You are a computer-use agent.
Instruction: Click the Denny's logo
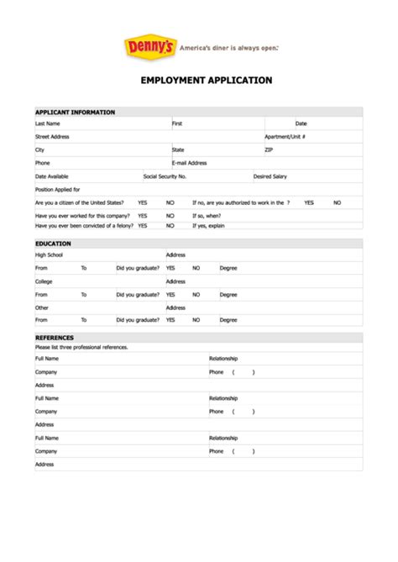(x=149, y=47)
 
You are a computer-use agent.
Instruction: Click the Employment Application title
(x=199, y=81)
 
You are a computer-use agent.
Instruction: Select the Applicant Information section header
(x=75, y=112)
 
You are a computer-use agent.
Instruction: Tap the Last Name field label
(x=47, y=123)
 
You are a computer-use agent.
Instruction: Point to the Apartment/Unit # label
(x=285, y=136)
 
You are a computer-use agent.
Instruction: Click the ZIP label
(x=269, y=150)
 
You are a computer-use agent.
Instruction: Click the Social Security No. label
(x=165, y=176)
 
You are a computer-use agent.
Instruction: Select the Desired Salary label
(x=270, y=176)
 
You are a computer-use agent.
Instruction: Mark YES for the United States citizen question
(x=143, y=202)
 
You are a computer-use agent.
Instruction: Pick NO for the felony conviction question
(x=170, y=226)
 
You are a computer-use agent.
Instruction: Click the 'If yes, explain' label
(x=208, y=226)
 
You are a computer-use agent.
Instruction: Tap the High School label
(x=49, y=255)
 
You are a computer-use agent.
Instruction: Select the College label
(x=43, y=281)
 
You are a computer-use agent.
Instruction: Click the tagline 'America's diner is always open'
(x=228, y=48)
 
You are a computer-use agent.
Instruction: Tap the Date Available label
(x=51, y=176)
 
